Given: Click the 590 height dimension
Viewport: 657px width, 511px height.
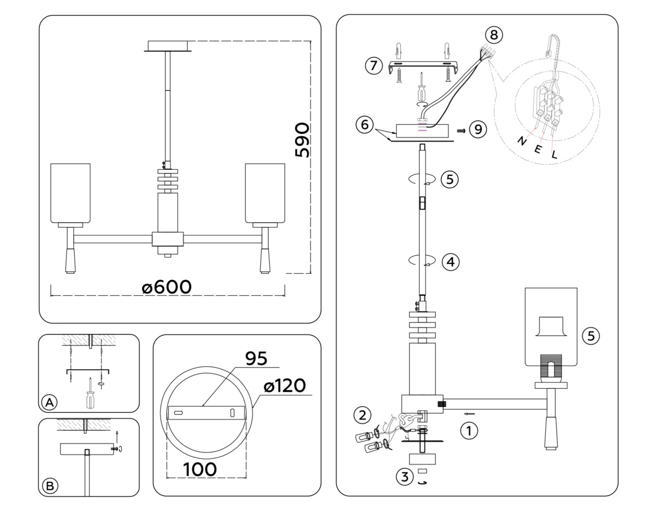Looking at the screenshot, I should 302,140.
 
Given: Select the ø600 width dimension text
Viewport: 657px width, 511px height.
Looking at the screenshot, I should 168,286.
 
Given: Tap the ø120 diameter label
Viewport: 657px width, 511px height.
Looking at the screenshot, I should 285,386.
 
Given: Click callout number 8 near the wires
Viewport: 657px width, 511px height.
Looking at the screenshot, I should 494,35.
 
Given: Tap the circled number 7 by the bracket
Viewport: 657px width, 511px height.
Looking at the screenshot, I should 373,66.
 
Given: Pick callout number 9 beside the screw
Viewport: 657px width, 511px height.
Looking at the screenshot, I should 477,130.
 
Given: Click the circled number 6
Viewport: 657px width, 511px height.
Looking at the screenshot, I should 363,124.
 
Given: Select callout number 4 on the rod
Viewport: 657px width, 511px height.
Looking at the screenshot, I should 450,262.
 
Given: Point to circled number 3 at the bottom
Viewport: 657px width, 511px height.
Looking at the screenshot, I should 405,476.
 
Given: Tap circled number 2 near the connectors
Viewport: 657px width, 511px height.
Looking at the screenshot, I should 361,414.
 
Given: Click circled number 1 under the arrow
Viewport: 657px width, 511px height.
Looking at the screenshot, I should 469,431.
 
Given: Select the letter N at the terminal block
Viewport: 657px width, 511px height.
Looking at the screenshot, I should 521,141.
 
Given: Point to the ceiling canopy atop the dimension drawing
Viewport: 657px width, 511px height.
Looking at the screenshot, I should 168,46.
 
